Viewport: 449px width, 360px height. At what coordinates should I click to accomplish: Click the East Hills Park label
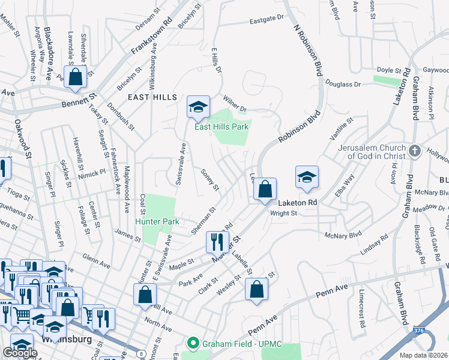click(x=221, y=127)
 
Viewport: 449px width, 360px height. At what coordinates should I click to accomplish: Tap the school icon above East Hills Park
click(x=198, y=107)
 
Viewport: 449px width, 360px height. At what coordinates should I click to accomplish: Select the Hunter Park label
click(x=157, y=222)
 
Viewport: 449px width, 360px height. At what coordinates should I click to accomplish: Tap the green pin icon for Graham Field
click(x=193, y=344)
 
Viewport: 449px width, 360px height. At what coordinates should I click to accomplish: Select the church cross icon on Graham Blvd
click(x=414, y=151)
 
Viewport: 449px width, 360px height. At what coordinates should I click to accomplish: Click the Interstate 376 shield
click(x=419, y=330)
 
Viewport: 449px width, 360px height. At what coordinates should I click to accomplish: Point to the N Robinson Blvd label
click(x=304, y=50)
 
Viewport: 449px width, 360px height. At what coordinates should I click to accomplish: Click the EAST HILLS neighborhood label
click(x=152, y=97)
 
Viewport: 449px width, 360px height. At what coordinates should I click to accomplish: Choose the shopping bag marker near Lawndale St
click(x=76, y=77)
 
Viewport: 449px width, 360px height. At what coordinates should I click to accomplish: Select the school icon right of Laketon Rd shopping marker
click(x=307, y=177)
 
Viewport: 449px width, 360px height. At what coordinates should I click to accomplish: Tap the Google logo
click(x=20, y=353)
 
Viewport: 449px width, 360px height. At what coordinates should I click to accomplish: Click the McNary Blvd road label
click(x=344, y=235)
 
